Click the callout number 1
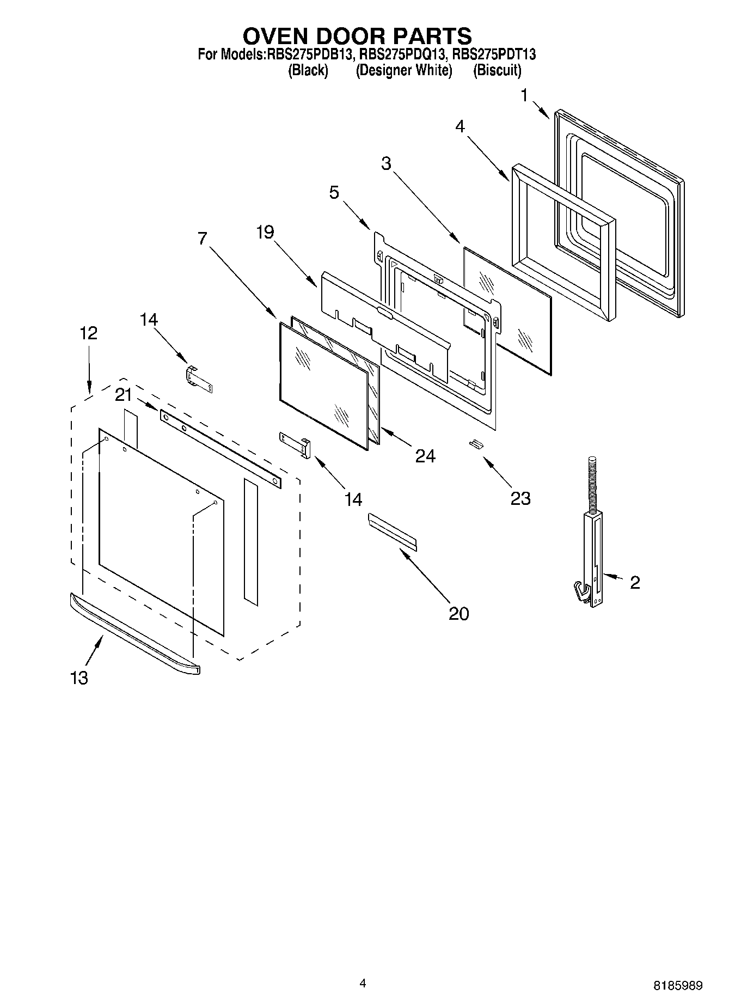[524, 96]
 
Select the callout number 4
[461, 126]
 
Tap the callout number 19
[265, 233]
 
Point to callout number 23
[520, 498]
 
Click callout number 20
[458, 614]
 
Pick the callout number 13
[79, 678]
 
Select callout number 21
[124, 395]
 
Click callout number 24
[425, 456]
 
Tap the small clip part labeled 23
[476, 444]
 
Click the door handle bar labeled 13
[133, 634]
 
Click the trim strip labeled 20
[393, 531]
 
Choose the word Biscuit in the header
[497, 70]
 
